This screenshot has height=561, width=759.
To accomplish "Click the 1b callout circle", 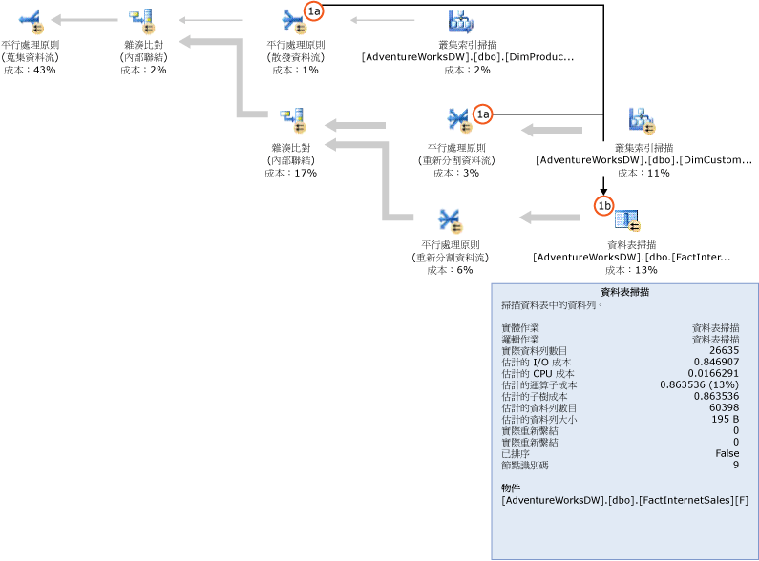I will tap(603, 205).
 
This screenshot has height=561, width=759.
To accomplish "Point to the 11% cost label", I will tap(643, 173).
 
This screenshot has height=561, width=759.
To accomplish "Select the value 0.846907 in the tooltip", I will tap(716, 363).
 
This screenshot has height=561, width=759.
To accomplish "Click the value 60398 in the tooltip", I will tap(721, 408).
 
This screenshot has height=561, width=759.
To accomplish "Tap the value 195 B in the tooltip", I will tap(723, 420).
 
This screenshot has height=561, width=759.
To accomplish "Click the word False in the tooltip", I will tap(727, 454).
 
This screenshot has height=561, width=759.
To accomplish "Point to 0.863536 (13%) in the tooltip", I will tap(699, 385).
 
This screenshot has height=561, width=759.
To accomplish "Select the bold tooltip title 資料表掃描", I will tap(624, 293).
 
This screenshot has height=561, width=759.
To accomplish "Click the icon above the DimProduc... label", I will tap(461, 20).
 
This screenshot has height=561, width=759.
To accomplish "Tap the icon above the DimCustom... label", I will tap(641, 119).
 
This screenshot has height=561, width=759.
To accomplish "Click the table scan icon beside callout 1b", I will tap(628, 220).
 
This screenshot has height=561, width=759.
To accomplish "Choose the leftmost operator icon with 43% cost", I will tap(30, 18).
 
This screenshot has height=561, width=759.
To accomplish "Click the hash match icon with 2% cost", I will tap(142, 18).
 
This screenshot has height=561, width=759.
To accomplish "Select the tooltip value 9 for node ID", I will tap(735, 466).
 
